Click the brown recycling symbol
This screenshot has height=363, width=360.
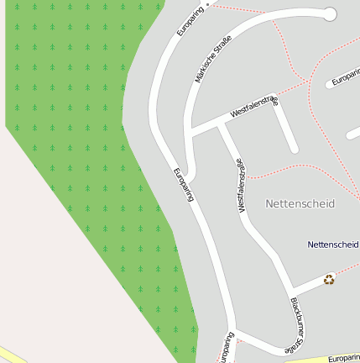click(329, 279)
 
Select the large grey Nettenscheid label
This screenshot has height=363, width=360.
click(300, 203)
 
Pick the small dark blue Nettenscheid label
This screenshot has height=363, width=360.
click(333, 245)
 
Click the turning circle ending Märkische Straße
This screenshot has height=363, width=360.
click(329, 13)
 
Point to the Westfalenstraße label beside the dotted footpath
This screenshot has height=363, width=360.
click(253, 108)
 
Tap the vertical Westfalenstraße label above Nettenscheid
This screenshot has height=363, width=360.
click(242, 185)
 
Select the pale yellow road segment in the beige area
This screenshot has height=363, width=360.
click(13, 355)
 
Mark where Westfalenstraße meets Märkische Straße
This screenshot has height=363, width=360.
click(192, 132)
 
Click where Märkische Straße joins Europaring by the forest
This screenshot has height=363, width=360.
click(188, 179)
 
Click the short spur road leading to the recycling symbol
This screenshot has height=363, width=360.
click(309, 286)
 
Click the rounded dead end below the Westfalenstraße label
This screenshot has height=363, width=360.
click(294, 149)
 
